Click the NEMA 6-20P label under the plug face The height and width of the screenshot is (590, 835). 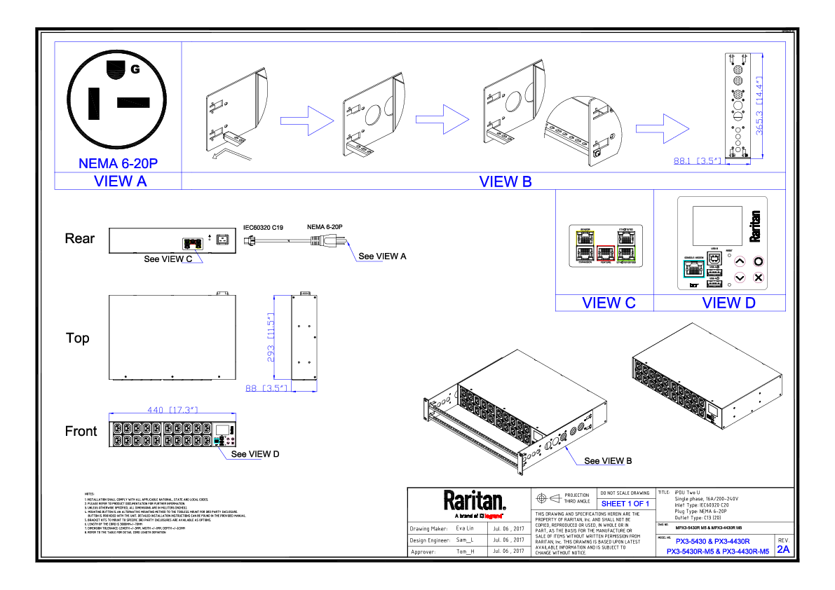(x=118, y=164)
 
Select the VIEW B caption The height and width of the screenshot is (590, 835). (x=505, y=181)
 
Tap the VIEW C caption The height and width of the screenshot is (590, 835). (x=609, y=303)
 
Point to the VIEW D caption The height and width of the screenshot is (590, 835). (x=729, y=303)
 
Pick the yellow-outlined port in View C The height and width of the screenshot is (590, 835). (x=584, y=238)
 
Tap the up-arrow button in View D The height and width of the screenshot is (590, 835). (x=739, y=261)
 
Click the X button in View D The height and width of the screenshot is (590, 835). (x=758, y=277)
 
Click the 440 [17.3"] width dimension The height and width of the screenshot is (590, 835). (x=172, y=410)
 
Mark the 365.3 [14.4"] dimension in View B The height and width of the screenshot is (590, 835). (x=759, y=107)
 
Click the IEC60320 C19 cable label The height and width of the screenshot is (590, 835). (x=263, y=227)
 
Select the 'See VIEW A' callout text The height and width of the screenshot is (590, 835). (x=382, y=256)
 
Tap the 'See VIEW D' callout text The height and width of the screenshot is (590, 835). (x=255, y=455)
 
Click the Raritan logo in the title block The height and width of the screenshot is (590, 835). (x=474, y=501)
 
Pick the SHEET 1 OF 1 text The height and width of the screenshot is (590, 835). (x=625, y=504)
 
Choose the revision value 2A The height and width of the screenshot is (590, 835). (x=783, y=549)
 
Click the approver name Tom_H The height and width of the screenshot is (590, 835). (x=465, y=551)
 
